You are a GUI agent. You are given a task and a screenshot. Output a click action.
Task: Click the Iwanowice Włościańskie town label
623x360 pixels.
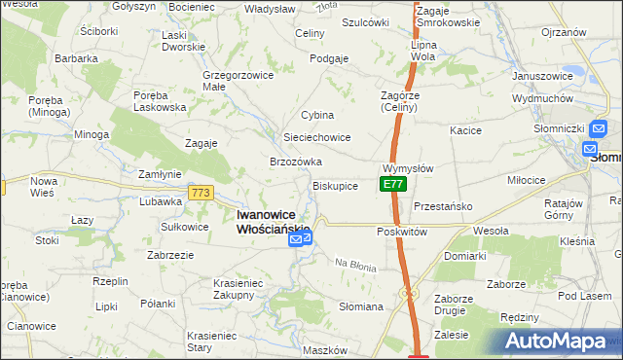(275, 222)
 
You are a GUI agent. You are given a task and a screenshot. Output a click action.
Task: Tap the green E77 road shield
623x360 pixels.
(392, 184)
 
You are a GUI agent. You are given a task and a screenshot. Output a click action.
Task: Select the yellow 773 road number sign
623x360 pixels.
(202, 193)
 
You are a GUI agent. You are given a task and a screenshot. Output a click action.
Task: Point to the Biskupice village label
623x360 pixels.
(335, 185)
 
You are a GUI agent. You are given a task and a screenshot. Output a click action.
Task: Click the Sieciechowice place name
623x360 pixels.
(316, 137)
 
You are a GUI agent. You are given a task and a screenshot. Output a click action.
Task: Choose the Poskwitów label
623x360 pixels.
(402, 233)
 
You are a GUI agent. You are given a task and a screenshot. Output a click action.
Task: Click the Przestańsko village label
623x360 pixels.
(443, 206)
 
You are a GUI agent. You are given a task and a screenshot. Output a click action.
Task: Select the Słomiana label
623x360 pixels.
(360, 306)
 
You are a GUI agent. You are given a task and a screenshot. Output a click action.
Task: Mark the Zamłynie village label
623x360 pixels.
(160, 174)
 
